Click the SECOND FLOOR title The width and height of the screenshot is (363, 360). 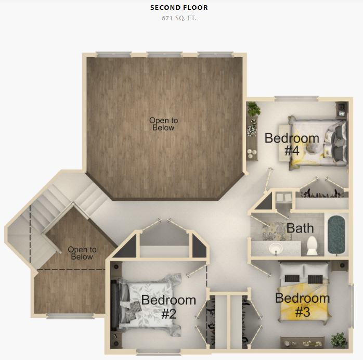point(179,8)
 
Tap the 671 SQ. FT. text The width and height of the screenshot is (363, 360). point(179,18)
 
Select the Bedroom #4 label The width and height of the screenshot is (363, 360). point(292,144)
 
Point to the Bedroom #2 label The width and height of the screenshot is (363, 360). point(168,307)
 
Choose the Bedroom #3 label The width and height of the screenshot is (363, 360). point(303,305)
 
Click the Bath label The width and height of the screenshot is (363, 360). point(300,228)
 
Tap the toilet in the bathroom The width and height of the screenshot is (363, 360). point(312,246)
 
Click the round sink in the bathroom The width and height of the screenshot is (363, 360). point(276,249)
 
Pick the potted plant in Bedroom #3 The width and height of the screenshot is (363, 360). point(339,340)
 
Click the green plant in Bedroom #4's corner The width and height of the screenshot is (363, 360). point(253,109)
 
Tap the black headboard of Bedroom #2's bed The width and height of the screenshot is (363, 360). point(114,305)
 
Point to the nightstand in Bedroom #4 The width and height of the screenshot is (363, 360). point(342,110)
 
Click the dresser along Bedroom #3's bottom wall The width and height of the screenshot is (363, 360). point(302,342)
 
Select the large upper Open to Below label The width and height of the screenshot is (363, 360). point(163,124)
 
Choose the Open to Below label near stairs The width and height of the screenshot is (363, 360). point(82,253)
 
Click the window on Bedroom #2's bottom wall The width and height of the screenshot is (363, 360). point(159,352)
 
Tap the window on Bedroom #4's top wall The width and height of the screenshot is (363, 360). point(296,99)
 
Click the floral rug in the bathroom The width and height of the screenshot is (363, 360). point(276,231)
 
